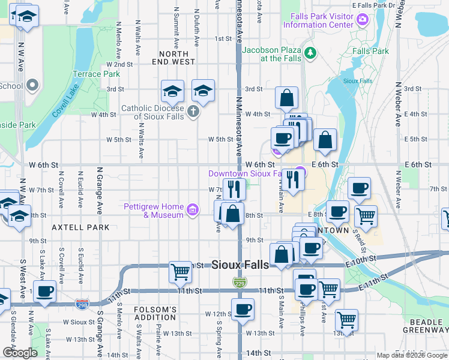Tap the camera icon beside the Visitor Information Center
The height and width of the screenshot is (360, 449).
coord(362,21)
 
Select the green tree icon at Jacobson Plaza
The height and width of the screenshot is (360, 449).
coord(310,54)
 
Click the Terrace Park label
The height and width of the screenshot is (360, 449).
coord(96,74)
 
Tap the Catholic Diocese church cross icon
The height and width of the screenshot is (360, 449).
coord(193,112)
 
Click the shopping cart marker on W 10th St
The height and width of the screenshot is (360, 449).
coord(180,272)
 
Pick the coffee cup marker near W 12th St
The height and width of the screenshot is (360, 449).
coord(243,310)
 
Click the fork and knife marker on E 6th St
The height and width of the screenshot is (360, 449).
coord(293,179)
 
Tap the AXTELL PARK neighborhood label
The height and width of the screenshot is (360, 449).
coord(80,227)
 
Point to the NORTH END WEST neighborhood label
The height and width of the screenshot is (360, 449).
coord(173,58)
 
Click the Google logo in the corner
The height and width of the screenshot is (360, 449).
coord(20,353)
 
